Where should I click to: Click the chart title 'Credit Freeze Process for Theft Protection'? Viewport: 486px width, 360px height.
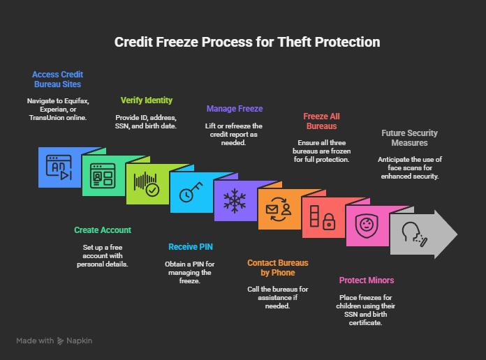(x=247, y=42)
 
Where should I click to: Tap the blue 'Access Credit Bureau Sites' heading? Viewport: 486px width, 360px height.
(x=57, y=80)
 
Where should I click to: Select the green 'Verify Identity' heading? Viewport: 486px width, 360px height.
(x=146, y=100)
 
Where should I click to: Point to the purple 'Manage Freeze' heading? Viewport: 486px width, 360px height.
(x=234, y=108)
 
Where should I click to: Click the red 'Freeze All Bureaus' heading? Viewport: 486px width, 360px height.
(x=321, y=121)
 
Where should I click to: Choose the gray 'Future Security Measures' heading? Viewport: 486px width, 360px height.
(x=409, y=137)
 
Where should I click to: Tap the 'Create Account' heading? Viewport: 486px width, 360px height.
(x=102, y=230)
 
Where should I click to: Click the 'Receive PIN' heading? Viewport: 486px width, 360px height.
(x=191, y=246)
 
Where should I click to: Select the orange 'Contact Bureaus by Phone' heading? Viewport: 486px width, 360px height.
(x=277, y=268)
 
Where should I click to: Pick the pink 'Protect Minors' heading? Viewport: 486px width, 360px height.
(x=366, y=280)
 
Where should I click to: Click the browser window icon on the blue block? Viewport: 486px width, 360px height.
(x=59, y=167)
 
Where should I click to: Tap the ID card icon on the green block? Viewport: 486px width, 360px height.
(x=103, y=176)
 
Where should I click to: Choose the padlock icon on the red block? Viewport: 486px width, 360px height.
(x=322, y=218)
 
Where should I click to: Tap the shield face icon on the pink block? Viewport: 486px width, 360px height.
(x=366, y=225)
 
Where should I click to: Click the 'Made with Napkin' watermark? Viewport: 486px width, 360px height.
(x=54, y=341)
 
